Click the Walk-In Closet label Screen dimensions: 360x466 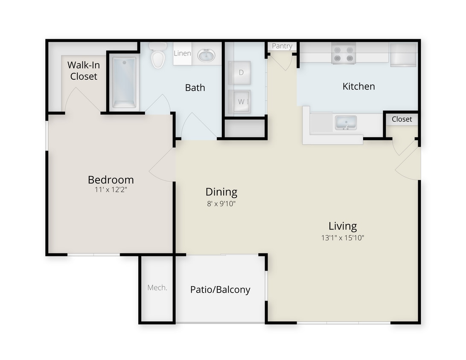point(84,71)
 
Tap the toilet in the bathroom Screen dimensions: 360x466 point(158,57)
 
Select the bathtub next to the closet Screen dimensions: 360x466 point(124,82)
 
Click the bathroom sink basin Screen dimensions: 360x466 point(207,55)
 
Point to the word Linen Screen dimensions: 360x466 point(182,54)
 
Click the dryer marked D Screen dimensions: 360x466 point(241,73)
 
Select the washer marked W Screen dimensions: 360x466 point(241,102)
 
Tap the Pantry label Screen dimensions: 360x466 point(282,46)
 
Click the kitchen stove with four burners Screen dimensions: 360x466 point(344,54)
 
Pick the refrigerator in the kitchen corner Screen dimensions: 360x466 point(403,55)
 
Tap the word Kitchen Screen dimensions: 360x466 point(358,86)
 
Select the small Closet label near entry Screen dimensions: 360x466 point(402,119)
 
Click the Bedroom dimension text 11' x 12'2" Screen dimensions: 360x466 point(111,190)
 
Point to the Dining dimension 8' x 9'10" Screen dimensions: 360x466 point(221,203)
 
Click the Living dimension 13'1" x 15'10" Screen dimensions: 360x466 point(343,238)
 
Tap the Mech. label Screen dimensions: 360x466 point(157,287)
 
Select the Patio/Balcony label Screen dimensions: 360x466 point(220,290)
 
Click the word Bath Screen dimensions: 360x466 point(195,87)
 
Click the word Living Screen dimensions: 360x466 point(343,226)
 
